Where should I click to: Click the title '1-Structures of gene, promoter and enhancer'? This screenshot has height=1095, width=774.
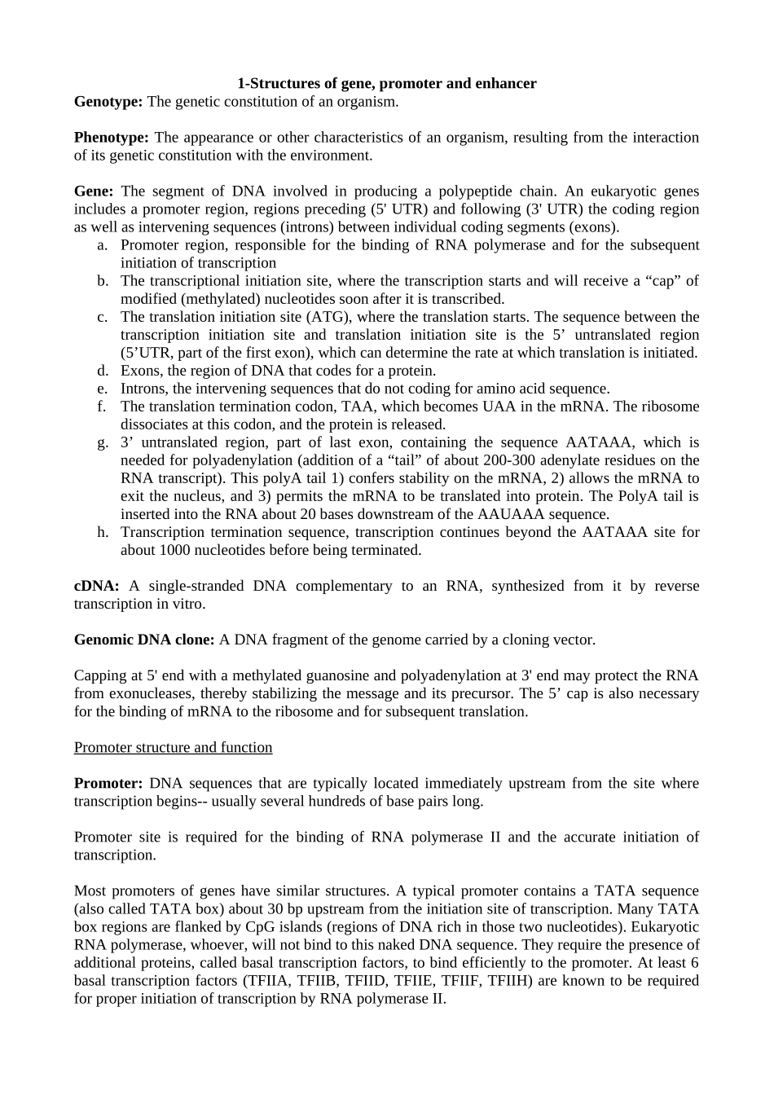click(x=386, y=84)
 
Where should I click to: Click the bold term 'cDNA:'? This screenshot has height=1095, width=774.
click(x=97, y=586)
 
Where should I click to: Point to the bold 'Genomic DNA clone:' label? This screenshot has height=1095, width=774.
click(x=144, y=640)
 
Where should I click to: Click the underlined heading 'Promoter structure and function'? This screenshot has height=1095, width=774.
click(x=173, y=747)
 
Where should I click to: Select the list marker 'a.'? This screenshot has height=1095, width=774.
click(x=103, y=245)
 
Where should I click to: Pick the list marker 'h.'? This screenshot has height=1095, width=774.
click(x=103, y=532)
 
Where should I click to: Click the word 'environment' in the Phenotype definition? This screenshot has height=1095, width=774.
click(x=332, y=156)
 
